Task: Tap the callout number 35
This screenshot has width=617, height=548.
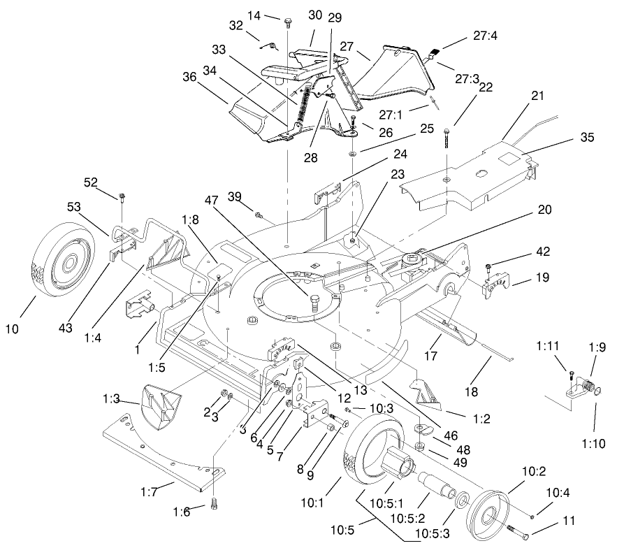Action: pos(587,138)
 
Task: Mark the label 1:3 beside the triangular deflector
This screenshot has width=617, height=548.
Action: pos(129,399)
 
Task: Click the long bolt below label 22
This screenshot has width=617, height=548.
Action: pos(445,151)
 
